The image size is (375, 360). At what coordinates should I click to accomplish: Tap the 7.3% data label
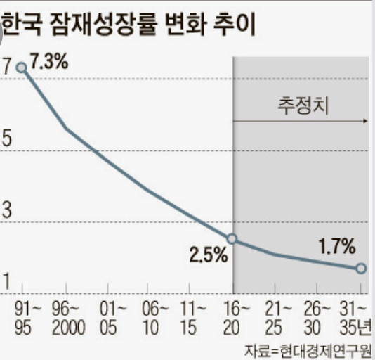[49, 61]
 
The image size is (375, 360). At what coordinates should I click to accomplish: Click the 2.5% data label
[208, 255]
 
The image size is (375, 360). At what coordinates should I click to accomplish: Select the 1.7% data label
[337, 247]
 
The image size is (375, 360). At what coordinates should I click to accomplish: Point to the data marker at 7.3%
[22, 67]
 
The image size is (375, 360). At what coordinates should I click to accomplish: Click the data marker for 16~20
[233, 239]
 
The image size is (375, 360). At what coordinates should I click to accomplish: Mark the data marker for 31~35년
[361, 268]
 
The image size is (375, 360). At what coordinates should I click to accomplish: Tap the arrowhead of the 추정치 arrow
[365, 121]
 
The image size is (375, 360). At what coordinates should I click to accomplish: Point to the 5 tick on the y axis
[7, 138]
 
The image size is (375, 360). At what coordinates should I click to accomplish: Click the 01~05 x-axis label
[107, 317]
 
